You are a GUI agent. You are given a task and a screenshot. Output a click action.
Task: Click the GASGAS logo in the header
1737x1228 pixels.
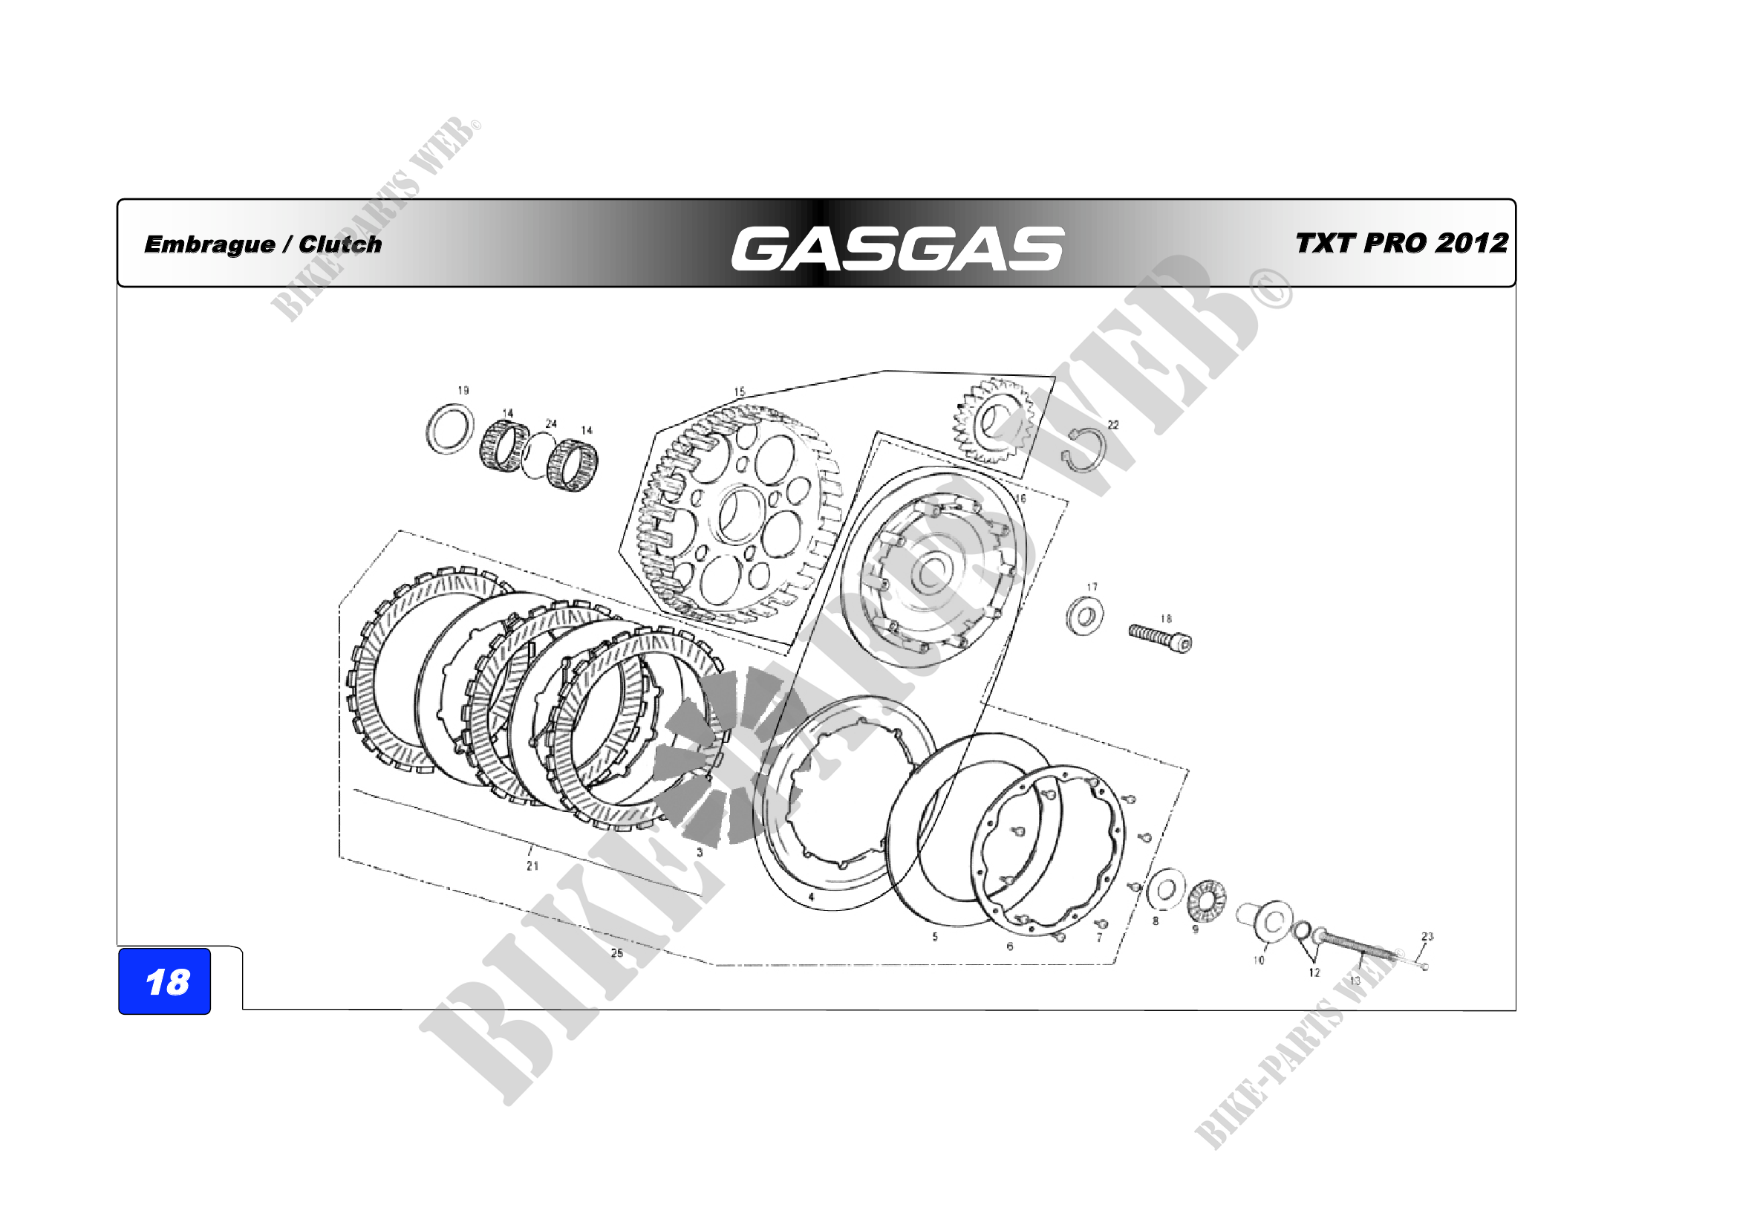(897, 248)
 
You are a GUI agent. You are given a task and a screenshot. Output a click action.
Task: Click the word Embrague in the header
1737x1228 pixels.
(209, 244)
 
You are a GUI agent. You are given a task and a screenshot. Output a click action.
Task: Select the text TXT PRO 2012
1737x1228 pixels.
(1402, 243)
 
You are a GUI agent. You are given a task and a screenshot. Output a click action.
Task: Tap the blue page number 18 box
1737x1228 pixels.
(165, 981)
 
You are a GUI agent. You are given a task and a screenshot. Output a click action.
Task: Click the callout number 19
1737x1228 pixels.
(463, 391)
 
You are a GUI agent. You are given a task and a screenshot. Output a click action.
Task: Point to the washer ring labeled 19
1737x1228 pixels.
(451, 429)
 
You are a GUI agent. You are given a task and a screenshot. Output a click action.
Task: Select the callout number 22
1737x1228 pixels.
(1113, 424)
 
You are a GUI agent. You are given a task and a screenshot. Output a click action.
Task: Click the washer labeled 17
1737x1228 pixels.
(1084, 616)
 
